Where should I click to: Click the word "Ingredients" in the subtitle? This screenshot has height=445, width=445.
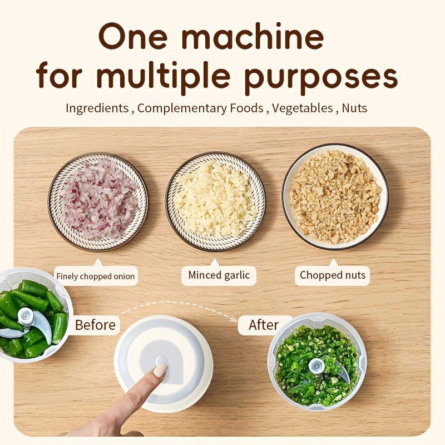tap(97, 108)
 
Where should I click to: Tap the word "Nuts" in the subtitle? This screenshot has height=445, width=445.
tap(354, 108)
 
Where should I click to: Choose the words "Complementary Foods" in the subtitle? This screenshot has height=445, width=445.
tap(200, 108)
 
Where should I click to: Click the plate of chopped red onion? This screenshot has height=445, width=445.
tap(98, 201)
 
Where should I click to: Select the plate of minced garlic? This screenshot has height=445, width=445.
tap(215, 201)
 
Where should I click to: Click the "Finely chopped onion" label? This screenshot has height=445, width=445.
tap(95, 276)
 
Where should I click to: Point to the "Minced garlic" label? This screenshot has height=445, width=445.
tap(219, 275)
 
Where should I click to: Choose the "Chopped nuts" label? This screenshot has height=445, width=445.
tap(333, 275)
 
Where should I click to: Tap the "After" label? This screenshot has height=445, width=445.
tap(263, 325)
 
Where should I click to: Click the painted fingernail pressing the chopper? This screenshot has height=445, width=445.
tap(160, 370)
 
